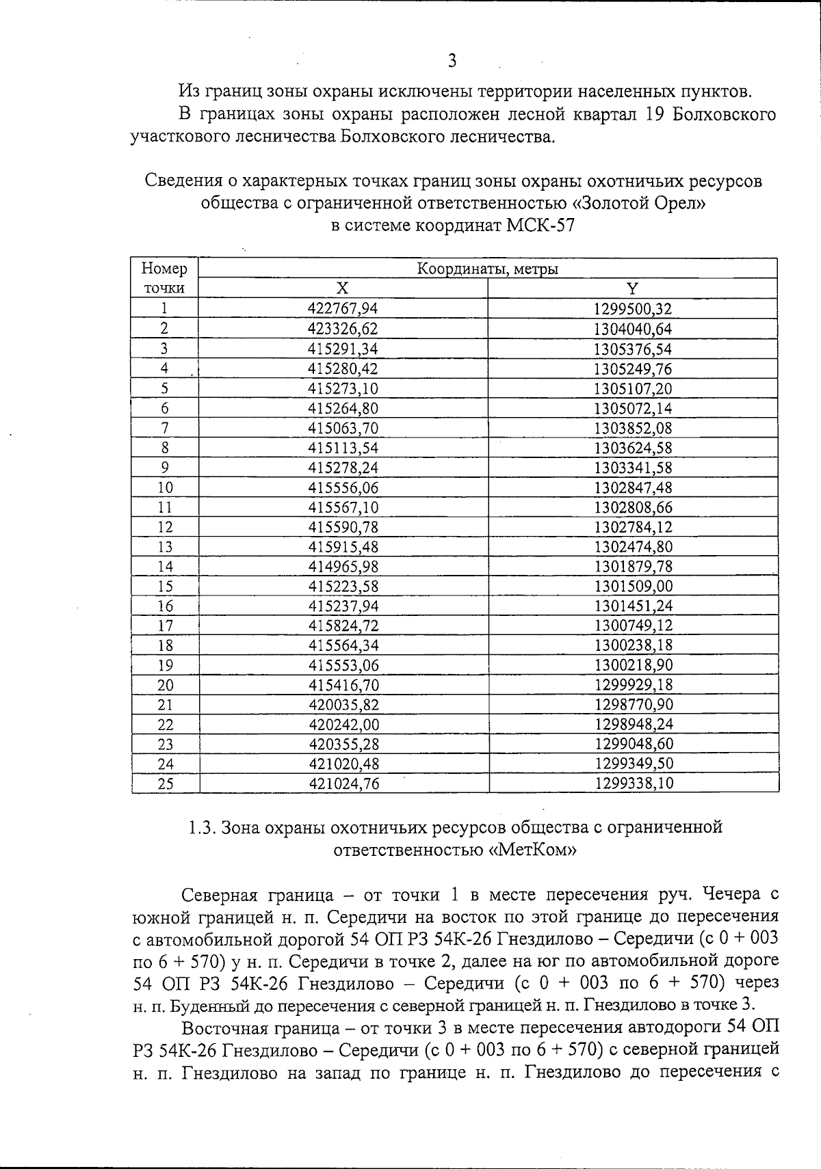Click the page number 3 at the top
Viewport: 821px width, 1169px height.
pos(452,62)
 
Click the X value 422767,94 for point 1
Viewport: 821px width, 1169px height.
pos(343,309)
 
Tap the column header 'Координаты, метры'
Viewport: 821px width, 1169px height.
pos(487,269)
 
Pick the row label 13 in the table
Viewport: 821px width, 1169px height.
pos(164,547)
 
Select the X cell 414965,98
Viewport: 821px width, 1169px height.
pos(343,567)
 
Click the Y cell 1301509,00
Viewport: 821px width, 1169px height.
pos(633,587)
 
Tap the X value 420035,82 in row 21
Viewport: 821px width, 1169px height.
pos(343,705)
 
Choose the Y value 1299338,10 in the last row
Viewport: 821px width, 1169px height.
pos(634,783)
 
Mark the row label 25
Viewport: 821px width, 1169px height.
pos(165,784)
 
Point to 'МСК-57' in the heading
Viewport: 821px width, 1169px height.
pos(540,226)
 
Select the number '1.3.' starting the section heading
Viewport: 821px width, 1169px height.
pos(203,828)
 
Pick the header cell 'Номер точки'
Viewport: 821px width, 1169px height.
pos(164,278)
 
